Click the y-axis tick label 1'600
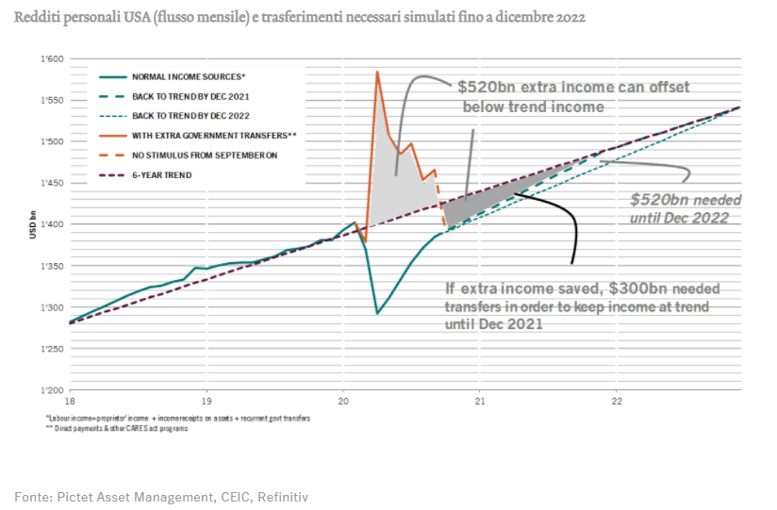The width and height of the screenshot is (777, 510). click(x=53, y=59)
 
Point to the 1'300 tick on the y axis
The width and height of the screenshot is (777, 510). click(x=53, y=308)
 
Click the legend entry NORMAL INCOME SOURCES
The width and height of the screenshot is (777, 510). click(x=187, y=77)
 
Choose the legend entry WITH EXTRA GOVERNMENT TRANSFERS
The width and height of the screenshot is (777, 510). click(x=214, y=136)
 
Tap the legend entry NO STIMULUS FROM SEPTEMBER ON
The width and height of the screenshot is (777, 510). click(x=205, y=156)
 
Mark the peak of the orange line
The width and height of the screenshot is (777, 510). click(x=377, y=72)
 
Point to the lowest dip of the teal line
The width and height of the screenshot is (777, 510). click(x=377, y=313)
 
